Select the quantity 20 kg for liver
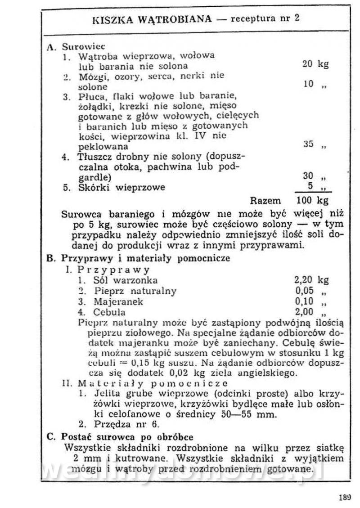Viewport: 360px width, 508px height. [x=315, y=64]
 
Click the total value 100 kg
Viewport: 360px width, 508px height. [x=312, y=200]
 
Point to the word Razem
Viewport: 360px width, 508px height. [x=265, y=201]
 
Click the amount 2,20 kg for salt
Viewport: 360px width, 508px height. [x=311, y=280]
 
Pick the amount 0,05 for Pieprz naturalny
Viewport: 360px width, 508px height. [x=304, y=290]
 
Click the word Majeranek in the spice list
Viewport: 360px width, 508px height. [x=118, y=301]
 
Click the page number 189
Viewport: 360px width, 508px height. [x=344, y=498]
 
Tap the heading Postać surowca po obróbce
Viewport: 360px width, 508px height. [x=124, y=436]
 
